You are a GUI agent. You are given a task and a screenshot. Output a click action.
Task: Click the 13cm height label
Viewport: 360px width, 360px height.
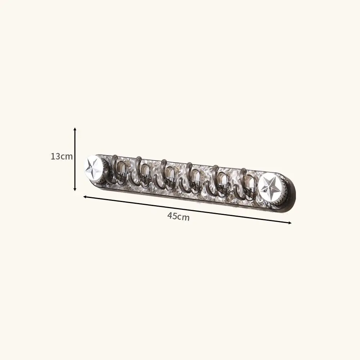point(62,157)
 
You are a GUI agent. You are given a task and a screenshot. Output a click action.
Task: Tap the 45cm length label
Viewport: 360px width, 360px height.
point(178,217)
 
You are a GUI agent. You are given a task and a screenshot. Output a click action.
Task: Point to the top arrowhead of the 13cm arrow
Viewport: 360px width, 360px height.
point(75,129)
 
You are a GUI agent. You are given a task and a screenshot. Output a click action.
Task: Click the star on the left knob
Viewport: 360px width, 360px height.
point(93,167)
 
